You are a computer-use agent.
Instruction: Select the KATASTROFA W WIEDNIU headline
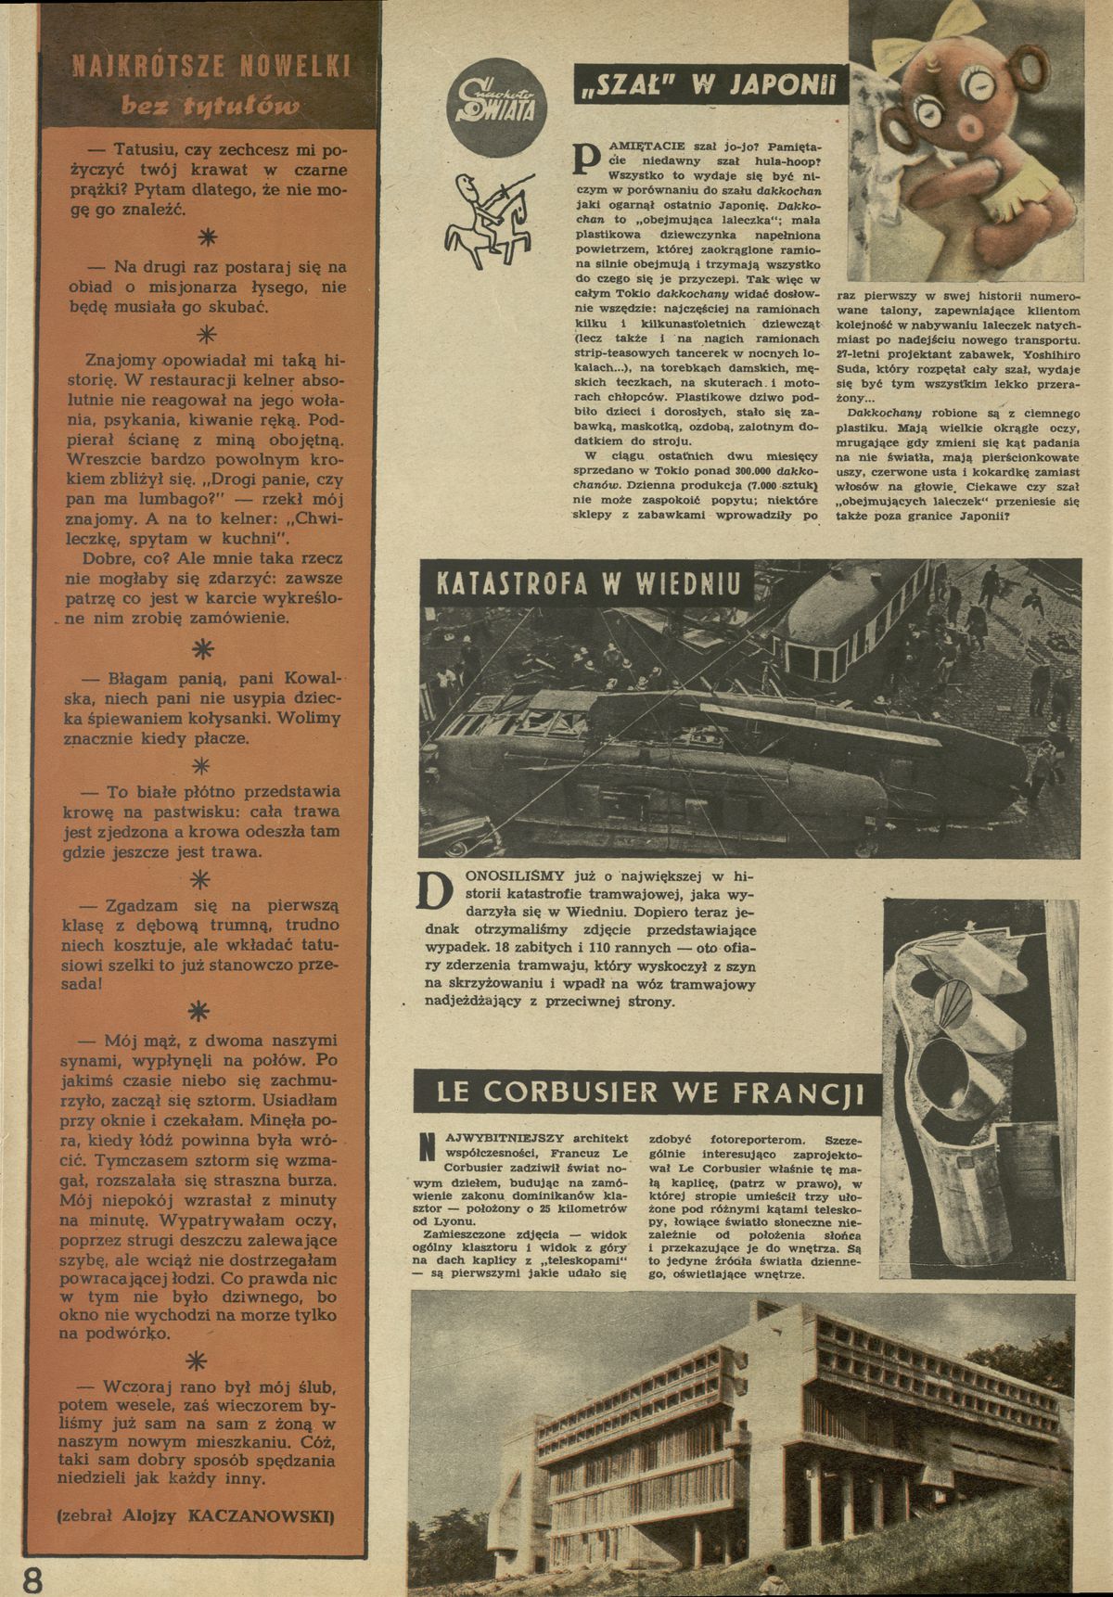[594, 584]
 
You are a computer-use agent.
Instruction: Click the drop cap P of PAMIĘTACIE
[586, 163]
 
